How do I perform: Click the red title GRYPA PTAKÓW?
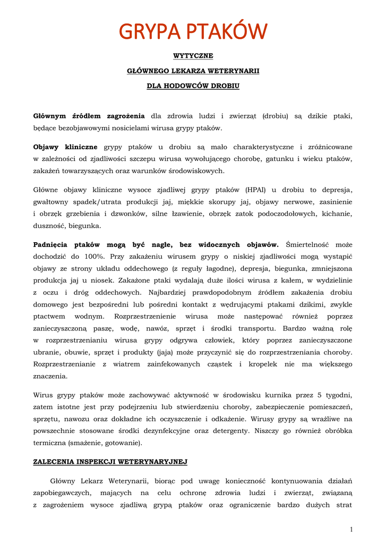[x=193, y=31]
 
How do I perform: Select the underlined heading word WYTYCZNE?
[x=193, y=55]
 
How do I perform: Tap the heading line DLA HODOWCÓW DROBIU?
[x=193, y=86]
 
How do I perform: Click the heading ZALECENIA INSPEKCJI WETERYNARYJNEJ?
[x=110, y=462]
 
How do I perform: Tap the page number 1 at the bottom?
[x=351, y=529]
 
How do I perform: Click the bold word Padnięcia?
[x=51, y=244]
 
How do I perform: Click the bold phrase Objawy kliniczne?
[x=65, y=147]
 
